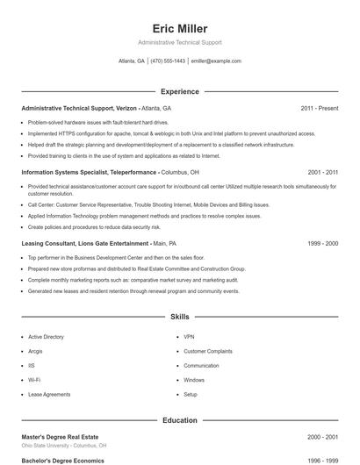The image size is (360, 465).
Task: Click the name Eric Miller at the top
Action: (179, 28)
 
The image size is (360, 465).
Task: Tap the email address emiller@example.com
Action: (215, 61)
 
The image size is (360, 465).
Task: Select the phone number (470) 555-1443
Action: (168, 61)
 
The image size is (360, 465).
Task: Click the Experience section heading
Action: (179, 91)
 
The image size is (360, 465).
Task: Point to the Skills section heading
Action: (179, 316)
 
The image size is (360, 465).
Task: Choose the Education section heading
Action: (179, 420)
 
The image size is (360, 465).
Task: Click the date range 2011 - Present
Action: (320, 108)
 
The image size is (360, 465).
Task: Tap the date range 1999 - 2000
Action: (322, 243)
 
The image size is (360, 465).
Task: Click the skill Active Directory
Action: (46, 337)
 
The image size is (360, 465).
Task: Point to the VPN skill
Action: (189, 337)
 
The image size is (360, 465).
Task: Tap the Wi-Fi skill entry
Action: (34, 380)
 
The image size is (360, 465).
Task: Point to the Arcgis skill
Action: (35, 351)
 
